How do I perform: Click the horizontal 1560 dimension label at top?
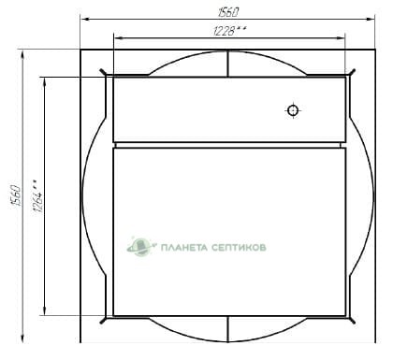(228, 12)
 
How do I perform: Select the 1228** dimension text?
(229, 31)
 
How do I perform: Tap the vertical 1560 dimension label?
(16, 195)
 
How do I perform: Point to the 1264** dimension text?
(38, 195)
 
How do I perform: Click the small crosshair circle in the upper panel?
(293, 110)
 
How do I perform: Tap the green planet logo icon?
(141, 246)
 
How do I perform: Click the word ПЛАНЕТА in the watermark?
(183, 248)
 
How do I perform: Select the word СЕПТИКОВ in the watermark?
(239, 248)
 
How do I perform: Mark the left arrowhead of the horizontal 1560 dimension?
(85, 20)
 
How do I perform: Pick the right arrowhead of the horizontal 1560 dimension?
(371, 20)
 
